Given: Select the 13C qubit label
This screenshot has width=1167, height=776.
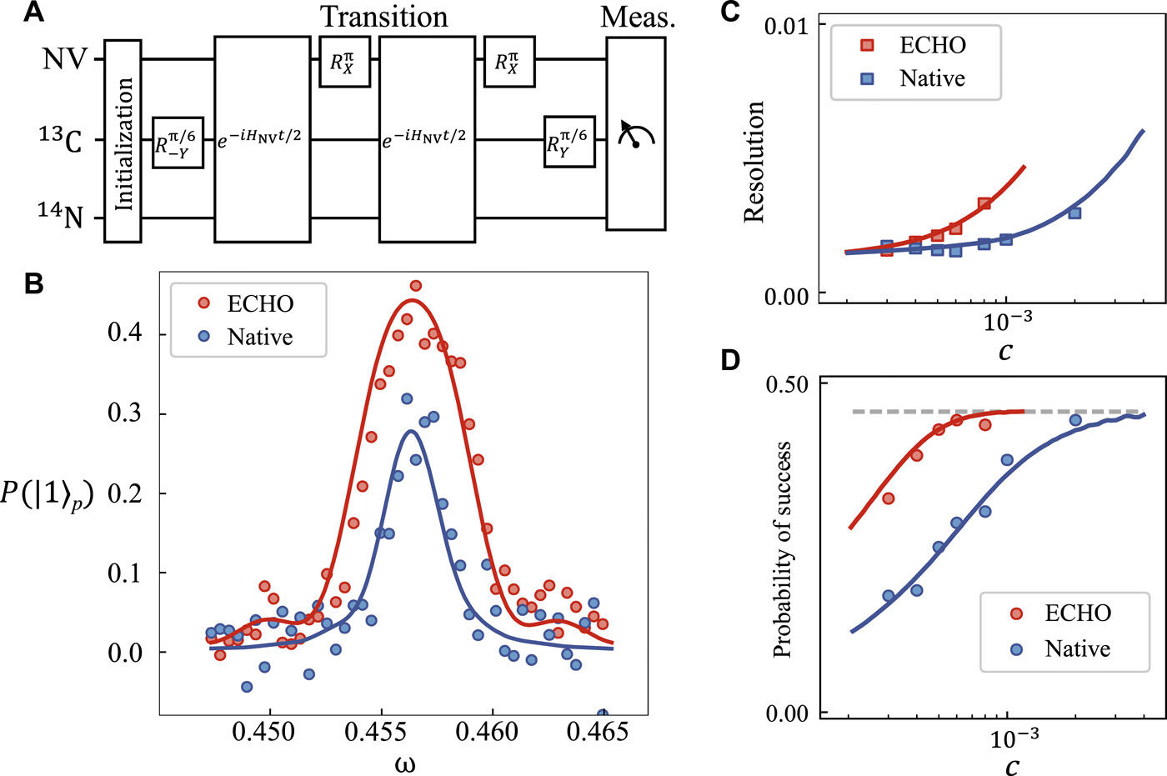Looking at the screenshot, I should tap(61, 141).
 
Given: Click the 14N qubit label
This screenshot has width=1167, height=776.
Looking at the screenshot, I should tap(61, 216).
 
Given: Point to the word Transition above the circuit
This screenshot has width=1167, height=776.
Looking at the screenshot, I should tap(384, 17).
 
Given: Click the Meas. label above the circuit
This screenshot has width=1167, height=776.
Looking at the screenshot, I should tap(638, 17).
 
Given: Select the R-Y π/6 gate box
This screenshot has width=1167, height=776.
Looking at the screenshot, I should tap(178, 143).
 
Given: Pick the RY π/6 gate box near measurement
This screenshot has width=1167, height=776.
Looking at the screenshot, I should tap(568, 142).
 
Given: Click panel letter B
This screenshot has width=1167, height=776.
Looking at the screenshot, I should tap(33, 283).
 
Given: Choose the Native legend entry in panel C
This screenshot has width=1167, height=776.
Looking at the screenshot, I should tap(917, 78).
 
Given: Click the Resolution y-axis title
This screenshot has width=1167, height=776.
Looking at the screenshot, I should tap(754, 162).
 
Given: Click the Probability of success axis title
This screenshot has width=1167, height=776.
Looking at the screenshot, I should tap(782, 550).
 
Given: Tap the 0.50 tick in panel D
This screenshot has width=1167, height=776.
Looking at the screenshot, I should tap(786, 384).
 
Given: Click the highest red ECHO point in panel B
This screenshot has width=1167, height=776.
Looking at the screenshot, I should tap(416, 286).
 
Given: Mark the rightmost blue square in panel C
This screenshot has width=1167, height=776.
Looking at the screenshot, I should tap(1074, 213).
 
